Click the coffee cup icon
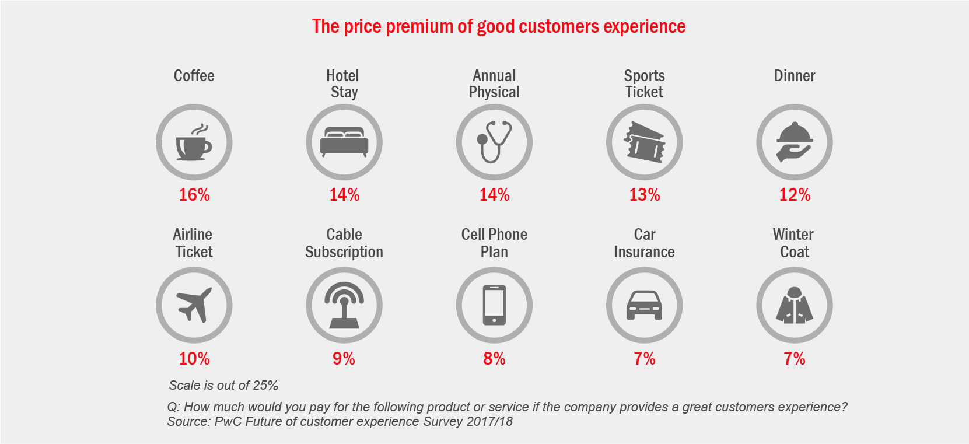pyautogui.click(x=194, y=143)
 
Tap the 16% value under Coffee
pyautogui.click(x=194, y=195)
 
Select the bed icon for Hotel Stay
pyautogui.click(x=344, y=142)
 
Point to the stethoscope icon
pyautogui.click(x=494, y=142)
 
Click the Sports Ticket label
pyautogui.click(x=644, y=84)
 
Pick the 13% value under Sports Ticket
pyautogui.click(x=645, y=195)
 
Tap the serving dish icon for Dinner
pyautogui.click(x=794, y=142)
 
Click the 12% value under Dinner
pyautogui.click(x=795, y=195)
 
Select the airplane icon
pyautogui.click(x=194, y=305)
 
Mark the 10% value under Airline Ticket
pyautogui.click(x=194, y=358)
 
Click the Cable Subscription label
pyautogui.click(x=344, y=243)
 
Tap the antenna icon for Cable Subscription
pyautogui.click(x=344, y=305)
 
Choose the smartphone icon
pyautogui.click(x=494, y=305)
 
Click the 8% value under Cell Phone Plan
pyautogui.click(x=494, y=358)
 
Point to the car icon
pyautogui.click(x=644, y=305)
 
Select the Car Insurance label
pyautogui.click(x=644, y=243)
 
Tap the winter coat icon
pyautogui.click(x=794, y=305)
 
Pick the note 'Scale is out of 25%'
pyautogui.click(x=223, y=385)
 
